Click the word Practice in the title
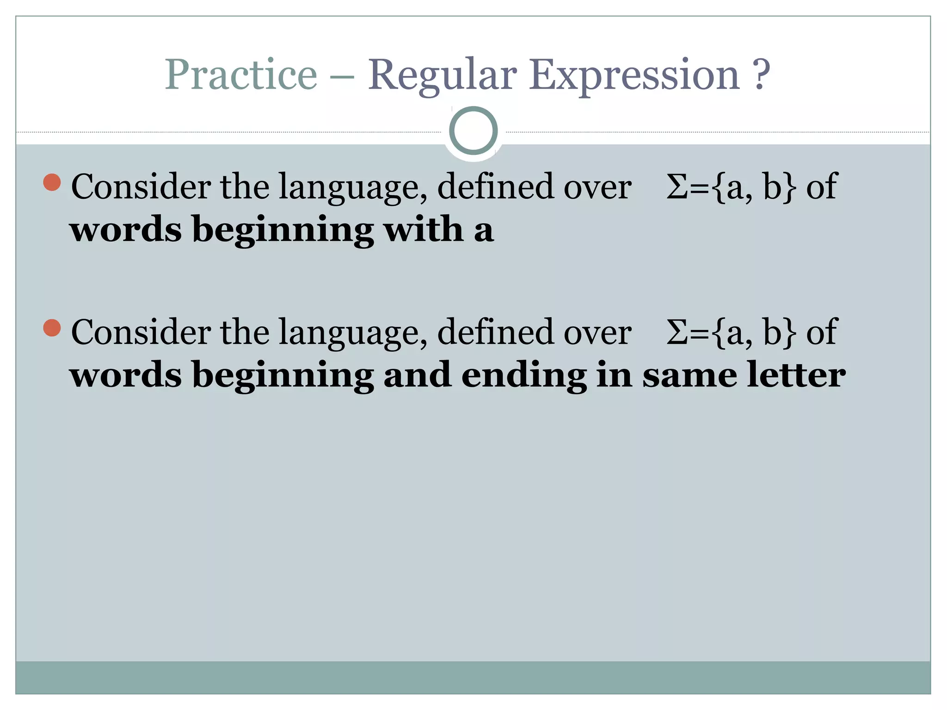pyautogui.click(x=241, y=75)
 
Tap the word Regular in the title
pyautogui.click(x=442, y=75)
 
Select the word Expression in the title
pyautogui.click(x=634, y=75)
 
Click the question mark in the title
pyautogui.click(x=761, y=75)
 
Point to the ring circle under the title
pyautogui.click(x=473, y=130)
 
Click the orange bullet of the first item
pyautogui.click(x=52, y=183)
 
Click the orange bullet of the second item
pyautogui.click(x=52, y=328)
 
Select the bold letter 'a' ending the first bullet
pyautogui.click(x=484, y=230)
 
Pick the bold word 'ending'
pyautogui.click(x=524, y=375)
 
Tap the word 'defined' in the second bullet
pyautogui.click(x=495, y=332)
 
